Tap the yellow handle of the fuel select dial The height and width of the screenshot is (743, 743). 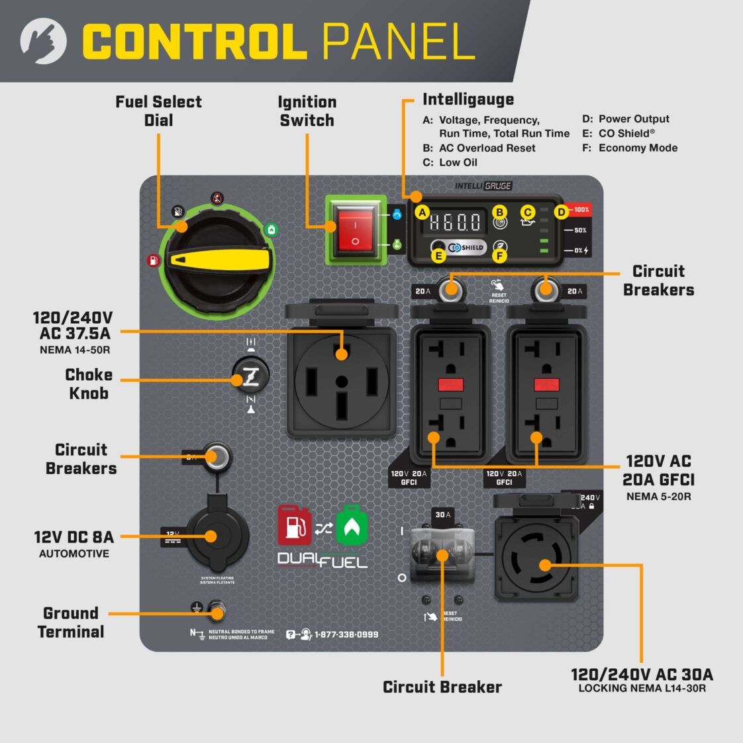(x=219, y=258)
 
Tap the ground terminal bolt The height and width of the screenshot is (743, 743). (x=216, y=609)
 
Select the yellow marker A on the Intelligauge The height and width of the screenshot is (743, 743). (x=420, y=213)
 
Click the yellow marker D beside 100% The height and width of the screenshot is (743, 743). (x=560, y=212)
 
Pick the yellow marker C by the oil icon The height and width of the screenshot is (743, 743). (x=527, y=212)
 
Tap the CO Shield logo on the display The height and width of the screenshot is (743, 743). (x=468, y=248)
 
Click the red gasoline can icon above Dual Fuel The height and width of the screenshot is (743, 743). (x=294, y=526)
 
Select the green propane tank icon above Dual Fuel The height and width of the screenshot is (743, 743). (x=352, y=526)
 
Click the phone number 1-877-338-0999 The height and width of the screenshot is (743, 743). (x=346, y=634)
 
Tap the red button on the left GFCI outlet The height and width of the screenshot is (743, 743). (x=451, y=385)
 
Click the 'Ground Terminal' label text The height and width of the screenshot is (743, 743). (x=71, y=622)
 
